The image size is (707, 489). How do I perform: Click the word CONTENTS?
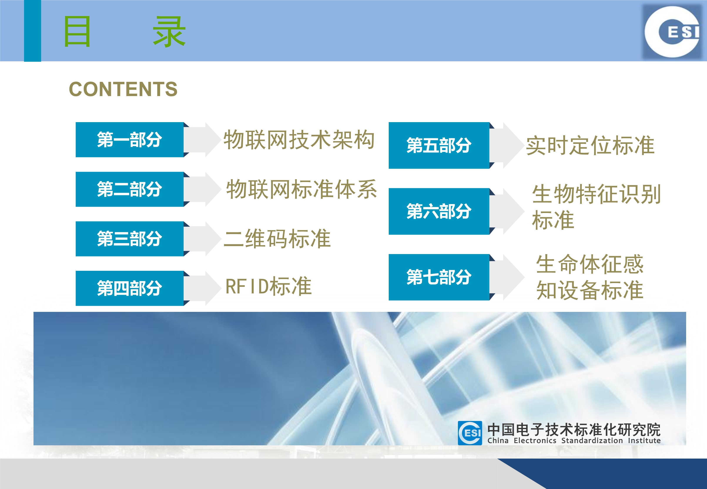coord(123,89)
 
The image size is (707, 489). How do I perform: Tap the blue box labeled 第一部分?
coord(130,140)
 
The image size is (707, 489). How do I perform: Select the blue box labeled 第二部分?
coord(130,189)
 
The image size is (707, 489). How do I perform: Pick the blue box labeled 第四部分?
coord(130,288)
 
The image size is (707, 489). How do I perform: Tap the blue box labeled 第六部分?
coord(439,211)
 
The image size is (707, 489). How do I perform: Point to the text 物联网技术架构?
coord(299,140)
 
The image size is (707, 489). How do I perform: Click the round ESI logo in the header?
coord(672,32)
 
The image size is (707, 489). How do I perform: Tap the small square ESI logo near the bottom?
coord(470,433)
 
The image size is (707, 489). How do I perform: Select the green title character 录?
coord(169,32)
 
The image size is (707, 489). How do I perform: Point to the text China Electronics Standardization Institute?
coord(574,441)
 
